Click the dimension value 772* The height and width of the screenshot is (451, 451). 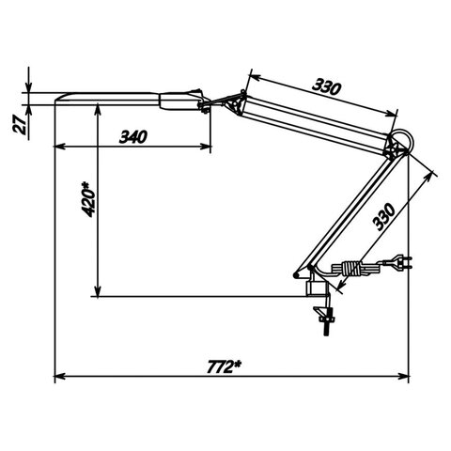pos(225,366)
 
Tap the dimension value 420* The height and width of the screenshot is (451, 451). pos(88,199)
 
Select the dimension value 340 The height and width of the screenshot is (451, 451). pos(133,137)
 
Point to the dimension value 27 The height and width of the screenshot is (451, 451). pos(20,124)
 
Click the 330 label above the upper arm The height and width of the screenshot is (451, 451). pos(326,86)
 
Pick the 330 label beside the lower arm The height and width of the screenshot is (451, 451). pos(383,217)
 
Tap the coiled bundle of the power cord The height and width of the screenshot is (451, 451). pos(351,269)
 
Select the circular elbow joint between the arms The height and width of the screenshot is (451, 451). pos(401,143)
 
